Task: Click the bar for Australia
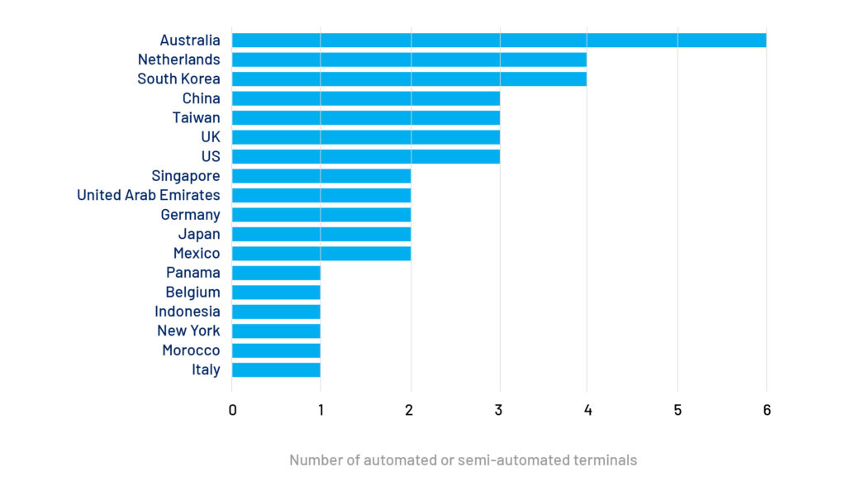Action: pyautogui.click(x=499, y=40)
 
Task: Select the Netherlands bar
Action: pyautogui.click(x=410, y=59)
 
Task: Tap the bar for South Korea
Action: pyautogui.click(x=410, y=79)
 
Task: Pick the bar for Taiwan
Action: pyautogui.click(x=366, y=117)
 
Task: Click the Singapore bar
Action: pyautogui.click(x=321, y=176)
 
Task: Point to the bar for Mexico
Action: pyautogui.click(x=321, y=253)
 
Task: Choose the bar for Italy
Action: pyautogui.click(x=276, y=369)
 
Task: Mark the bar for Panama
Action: pyautogui.click(x=276, y=273)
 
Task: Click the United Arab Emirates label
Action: pyautogui.click(x=149, y=195)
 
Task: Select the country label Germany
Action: pyautogui.click(x=191, y=215)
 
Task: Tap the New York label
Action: pyautogui.click(x=189, y=331)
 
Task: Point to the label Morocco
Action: pyautogui.click(x=191, y=350)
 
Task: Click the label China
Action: pyautogui.click(x=202, y=98)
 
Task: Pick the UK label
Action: pyautogui.click(x=211, y=137)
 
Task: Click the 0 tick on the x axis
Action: pyautogui.click(x=232, y=410)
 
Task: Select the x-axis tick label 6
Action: pyautogui.click(x=767, y=410)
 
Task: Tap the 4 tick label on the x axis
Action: pyautogui.click(x=587, y=410)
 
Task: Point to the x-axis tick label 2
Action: pyautogui.click(x=409, y=410)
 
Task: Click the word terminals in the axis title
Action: pyautogui.click(x=605, y=460)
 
